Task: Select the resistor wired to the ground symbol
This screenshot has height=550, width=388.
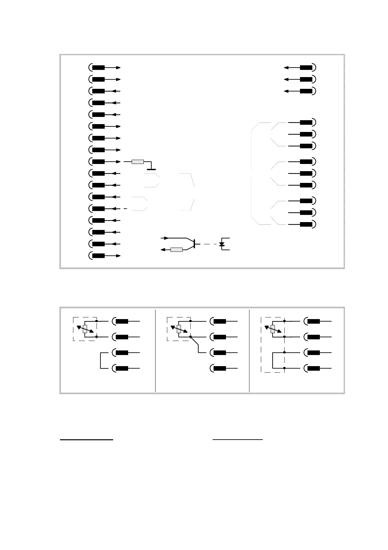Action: [137, 162]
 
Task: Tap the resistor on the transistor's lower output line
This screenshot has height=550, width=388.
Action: [176, 250]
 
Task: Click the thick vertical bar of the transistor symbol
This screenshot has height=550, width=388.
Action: [194, 244]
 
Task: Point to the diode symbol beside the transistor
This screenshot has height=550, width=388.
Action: [222, 244]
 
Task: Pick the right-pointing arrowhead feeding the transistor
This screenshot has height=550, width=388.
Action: [167, 238]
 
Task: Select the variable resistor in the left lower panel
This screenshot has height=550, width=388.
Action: [85, 329]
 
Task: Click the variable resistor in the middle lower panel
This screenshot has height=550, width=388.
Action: [179, 329]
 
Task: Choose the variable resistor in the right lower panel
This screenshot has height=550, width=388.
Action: [273, 329]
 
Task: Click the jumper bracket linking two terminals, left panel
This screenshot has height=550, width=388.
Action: [101, 361]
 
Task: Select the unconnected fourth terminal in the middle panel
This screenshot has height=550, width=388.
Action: [220, 368]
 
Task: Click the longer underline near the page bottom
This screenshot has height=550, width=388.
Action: [86, 440]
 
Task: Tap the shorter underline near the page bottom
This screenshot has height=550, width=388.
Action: [237, 440]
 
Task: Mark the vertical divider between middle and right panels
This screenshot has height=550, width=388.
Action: [249, 350]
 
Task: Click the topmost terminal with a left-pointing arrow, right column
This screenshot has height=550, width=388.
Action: [306, 68]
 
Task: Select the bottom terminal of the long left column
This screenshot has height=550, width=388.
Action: [98, 256]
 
